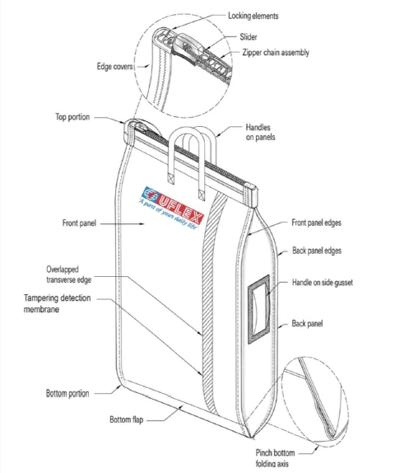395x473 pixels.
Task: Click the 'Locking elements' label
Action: pyautogui.click(x=253, y=16)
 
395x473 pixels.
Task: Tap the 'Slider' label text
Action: pyautogui.click(x=249, y=37)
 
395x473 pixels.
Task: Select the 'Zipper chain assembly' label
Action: pyautogui.click(x=276, y=53)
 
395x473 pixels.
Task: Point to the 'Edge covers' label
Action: pyautogui.click(x=114, y=67)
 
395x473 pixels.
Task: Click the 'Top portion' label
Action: pyautogui.click(x=72, y=117)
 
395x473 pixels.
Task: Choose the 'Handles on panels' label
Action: pyautogui.click(x=261, y=132)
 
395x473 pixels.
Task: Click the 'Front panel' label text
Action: pyautogui.click(x=79, y=223)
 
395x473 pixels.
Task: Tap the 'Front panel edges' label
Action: pyautogui.click(x=316, y=223)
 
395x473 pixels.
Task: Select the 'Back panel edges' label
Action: pyautogui.click(x=317, y=251)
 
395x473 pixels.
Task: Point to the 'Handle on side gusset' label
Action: pyautogui.click(x=323, y=283)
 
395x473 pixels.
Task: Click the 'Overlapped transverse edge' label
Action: pyautogui.click(x=68, y=274)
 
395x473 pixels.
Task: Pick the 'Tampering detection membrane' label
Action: pyautogui.click(x=58, y=303)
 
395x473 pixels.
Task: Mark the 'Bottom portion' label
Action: pyautogui.click(x=67, y=393)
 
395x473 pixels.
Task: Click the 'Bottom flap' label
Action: pyautogui.click(x=126, y=419)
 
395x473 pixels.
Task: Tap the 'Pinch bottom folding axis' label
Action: pyautogui.click(x=275, y=457)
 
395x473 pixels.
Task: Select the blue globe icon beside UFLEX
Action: pyautogui.click(x=151, y=194)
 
